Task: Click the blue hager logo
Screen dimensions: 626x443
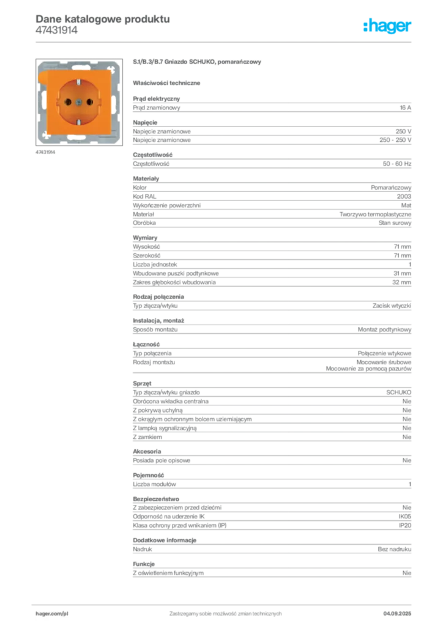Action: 387,26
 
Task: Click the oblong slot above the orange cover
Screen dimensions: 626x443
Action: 78,65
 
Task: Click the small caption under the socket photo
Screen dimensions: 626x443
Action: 47,152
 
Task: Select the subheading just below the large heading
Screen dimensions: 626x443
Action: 168,82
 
